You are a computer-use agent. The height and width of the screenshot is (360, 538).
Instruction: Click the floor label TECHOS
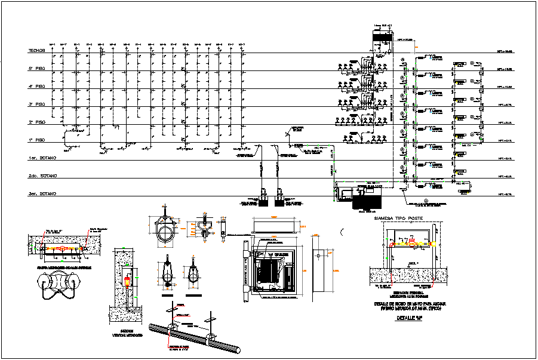click(x=37, y=51)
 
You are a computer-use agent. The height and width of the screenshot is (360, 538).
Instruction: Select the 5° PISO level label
click(x=37, y=69)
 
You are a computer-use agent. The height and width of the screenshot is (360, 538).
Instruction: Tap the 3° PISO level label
click(x=37, y=104)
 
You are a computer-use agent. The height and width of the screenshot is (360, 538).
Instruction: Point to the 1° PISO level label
click(x=37, y=140)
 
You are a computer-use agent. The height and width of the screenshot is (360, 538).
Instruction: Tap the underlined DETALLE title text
click(x=410, y=318)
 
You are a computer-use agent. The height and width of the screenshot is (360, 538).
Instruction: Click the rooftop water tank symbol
click(x=380, y=35)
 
